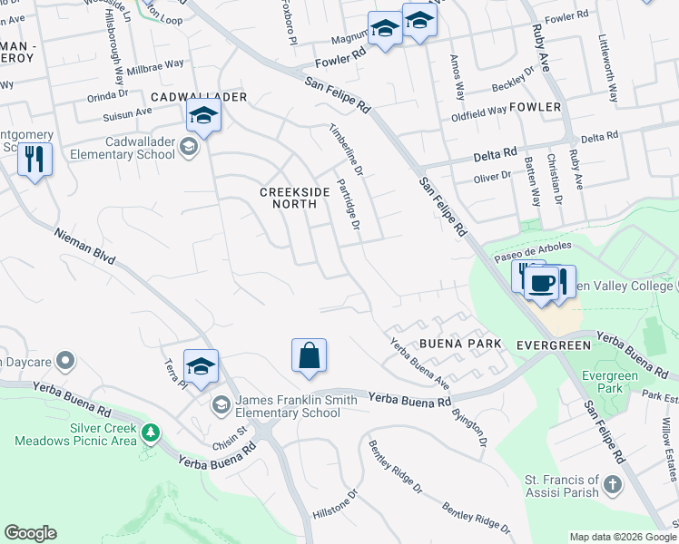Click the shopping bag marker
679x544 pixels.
[x=309, y=355]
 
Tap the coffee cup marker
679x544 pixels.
[x=543, y=282]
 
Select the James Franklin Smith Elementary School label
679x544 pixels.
[x=288, y=406]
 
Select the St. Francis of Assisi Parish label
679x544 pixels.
[x=562, y=486]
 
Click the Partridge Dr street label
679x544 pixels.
[x=349, y=205]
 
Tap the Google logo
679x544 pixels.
[x=30, y=533]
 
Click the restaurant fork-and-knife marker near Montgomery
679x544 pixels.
[x=34, y=159]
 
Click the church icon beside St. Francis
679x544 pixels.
[x=613, y=482]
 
